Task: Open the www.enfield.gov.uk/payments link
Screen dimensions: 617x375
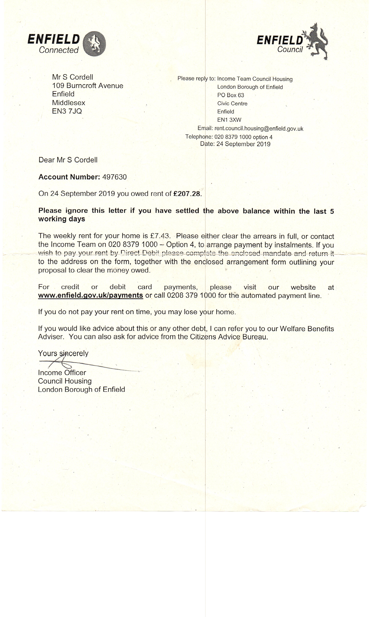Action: (x=90, y=295)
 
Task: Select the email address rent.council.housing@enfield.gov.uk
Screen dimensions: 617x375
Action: (x=259, y=129)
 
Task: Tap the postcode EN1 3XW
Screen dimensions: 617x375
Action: (x=229, y=120)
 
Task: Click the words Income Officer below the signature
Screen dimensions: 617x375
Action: (x=62, y=373)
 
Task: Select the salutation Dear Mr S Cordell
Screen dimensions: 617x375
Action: (x=68, y=160)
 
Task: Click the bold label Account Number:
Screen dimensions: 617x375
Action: (x=69, y=177)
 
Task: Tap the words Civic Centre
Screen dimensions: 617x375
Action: (x=232, y=104)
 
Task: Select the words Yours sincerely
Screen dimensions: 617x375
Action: (x=63, y=353)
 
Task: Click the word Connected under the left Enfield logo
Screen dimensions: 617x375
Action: (x=59, y=50)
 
